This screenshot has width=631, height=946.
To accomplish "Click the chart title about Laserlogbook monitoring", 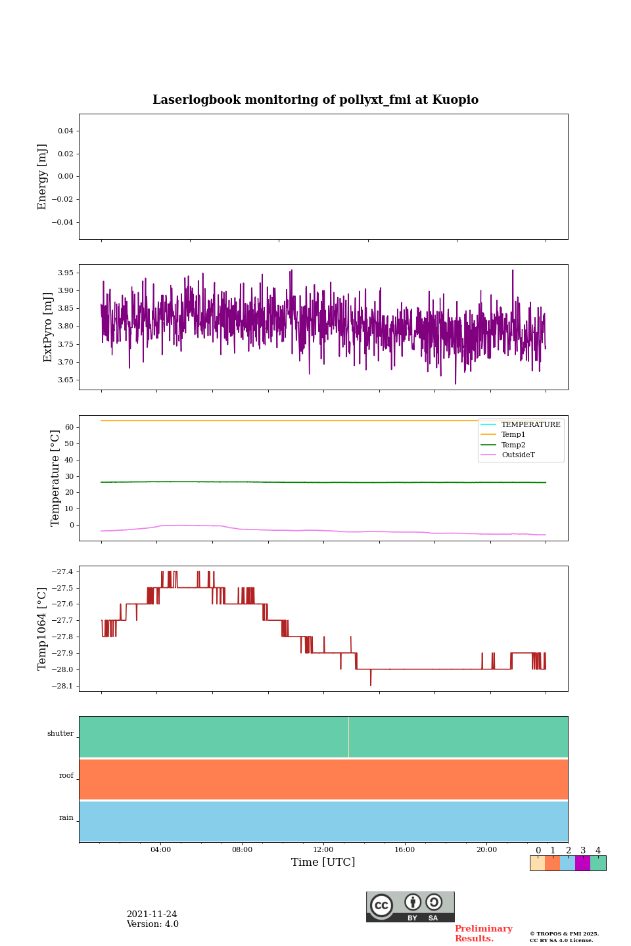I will click(315, 100).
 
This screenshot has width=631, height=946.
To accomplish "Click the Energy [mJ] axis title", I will click(43, 177).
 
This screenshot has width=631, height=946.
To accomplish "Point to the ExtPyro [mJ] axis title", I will click(48, 327).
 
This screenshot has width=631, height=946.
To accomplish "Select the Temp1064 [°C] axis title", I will click(43, 629).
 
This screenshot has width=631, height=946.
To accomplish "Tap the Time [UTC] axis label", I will click(323, 862).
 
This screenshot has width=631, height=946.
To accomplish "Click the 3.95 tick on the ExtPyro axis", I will click(66, 273).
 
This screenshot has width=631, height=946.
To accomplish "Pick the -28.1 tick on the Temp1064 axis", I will click(63, 686).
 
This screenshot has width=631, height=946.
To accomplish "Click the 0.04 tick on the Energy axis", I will click(65, 131).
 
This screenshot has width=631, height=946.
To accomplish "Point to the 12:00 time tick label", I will click(323, 849).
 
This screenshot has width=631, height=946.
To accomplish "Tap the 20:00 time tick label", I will click(486, 849).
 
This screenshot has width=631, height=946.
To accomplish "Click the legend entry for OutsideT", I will click(518, 455).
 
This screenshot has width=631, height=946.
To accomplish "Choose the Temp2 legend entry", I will click(513, 445).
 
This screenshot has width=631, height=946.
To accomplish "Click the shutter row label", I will click(60, 734).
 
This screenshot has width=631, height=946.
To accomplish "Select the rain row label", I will click(66, 818).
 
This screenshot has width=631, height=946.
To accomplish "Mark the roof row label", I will click(66, 776).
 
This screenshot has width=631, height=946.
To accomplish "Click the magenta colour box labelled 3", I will click(582, 863).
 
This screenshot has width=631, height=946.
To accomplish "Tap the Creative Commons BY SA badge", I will click(410, 907).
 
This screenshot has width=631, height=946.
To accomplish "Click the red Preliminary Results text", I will click(483, 934).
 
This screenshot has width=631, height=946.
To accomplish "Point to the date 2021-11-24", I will click(152, 914).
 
